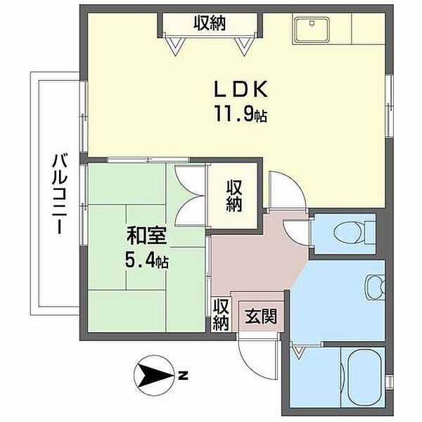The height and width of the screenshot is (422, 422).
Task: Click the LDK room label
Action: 241,89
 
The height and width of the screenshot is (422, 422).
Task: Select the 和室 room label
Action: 147,236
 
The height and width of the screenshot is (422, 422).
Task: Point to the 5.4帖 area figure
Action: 147,261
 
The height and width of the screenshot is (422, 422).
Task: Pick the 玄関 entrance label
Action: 261,316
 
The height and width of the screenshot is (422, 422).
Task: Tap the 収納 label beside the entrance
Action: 222,314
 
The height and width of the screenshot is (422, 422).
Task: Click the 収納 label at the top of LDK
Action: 210,23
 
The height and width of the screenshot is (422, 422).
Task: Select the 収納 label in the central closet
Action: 234,196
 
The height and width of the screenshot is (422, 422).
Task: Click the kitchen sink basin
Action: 312,30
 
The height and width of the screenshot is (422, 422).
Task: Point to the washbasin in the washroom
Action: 376,288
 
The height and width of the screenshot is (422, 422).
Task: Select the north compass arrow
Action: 155,375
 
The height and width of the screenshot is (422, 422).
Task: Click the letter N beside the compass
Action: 183,376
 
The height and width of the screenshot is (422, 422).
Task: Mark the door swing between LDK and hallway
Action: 288,190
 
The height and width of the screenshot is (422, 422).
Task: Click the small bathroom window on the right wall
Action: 389,382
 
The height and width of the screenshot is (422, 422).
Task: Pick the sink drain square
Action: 312,23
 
